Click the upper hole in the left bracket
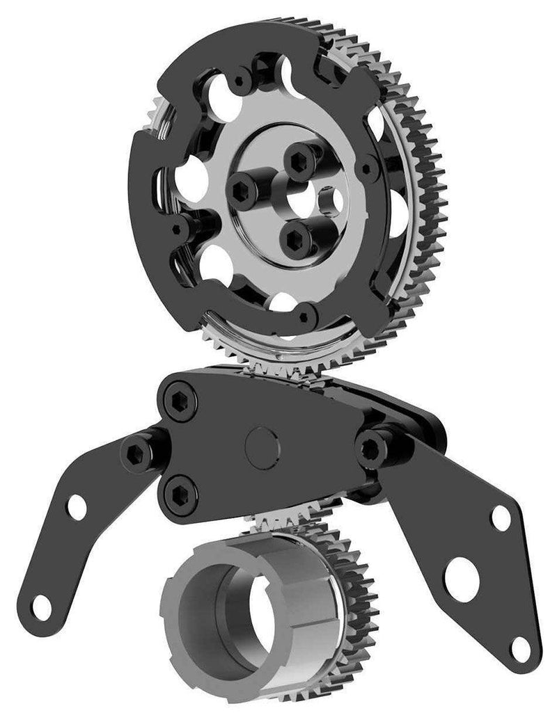77,507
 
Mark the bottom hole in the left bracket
42,607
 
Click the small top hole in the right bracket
501,518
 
